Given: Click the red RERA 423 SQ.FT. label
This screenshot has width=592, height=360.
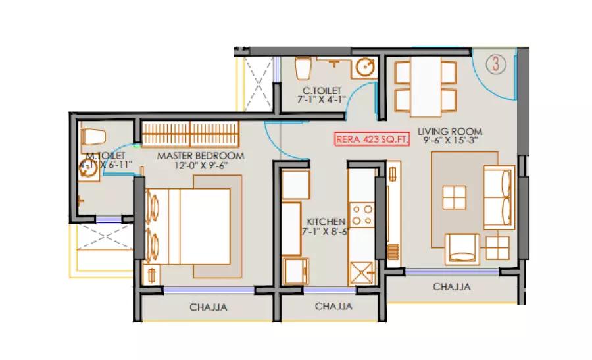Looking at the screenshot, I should pos(372,139).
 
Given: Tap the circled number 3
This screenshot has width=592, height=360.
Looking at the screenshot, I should pos(496,64).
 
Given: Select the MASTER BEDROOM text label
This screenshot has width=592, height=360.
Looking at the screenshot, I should pos(200,156).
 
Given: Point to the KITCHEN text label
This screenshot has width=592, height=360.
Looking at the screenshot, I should pos(324,222).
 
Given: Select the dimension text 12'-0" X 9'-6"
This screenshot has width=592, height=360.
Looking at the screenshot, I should pos(200,166).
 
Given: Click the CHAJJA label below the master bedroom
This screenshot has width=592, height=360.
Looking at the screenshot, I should pos(205,306).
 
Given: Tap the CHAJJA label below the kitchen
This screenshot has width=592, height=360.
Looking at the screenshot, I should pos(333,306).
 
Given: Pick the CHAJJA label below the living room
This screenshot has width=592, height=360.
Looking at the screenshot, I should pos(451,287).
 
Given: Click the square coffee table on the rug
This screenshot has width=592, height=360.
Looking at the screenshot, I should pos(453,197).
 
